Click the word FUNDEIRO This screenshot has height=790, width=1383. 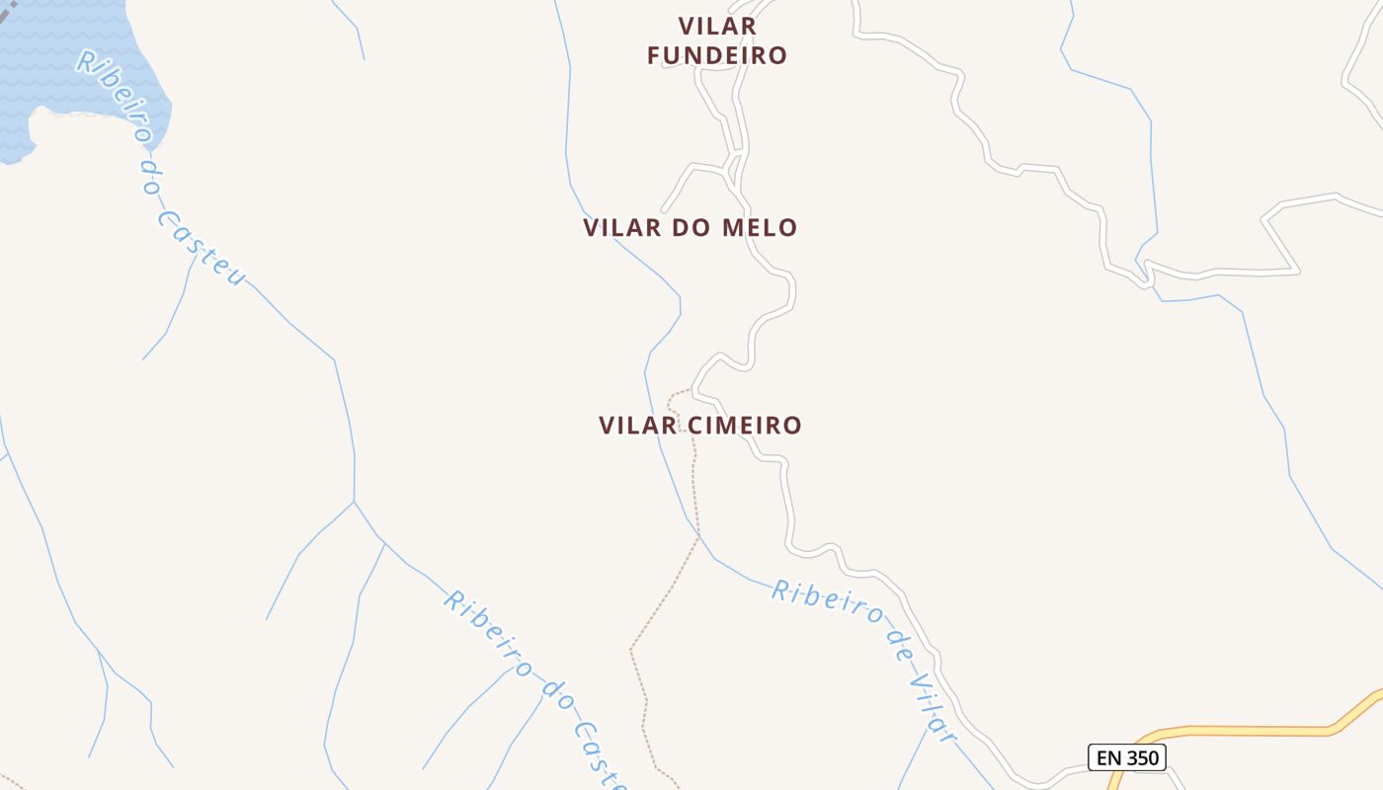click(717, 55)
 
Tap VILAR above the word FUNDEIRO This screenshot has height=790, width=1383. click(717, 26)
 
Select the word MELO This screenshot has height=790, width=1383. click(760, 228)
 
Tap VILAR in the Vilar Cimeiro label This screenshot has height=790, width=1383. click(638, 426)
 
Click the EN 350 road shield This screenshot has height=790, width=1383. click(1127, 758)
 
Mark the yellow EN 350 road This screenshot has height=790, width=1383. click(1245, 731)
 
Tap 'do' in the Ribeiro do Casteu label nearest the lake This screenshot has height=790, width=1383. click(150, 179)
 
